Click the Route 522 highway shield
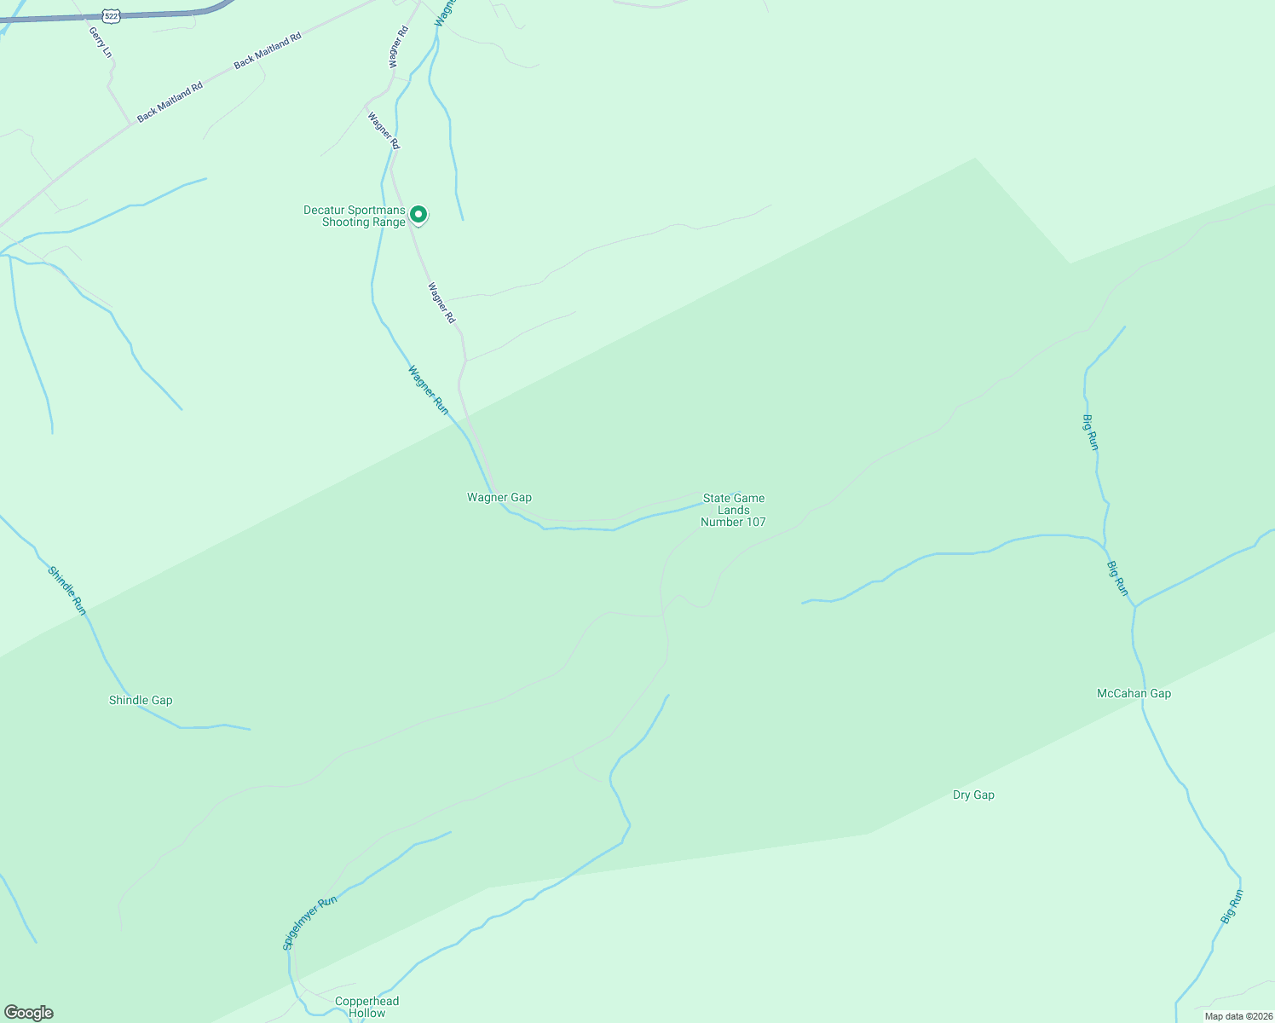click(x=111, y=16)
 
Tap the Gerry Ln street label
click(x=100, y=42)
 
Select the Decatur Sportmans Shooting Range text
click(x=355, y=217)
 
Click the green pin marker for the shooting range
click(x=418, y=214)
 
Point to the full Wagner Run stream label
click(x=428, y=390)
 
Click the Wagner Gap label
click(x=499, y=497)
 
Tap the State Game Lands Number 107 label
click(x=733, y=510)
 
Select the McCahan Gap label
click(x=1134, y=693)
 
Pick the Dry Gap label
click(x=973, y=795)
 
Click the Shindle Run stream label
click(x=67, y=590)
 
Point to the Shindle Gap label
click(x=141, y=700)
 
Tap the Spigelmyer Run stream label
click(x=309, y=922)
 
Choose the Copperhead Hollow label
click(x=366, y=1007)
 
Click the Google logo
click(x=28, y=1013)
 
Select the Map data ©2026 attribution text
click(x=1238, y=1016)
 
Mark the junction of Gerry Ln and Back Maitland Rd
click(x=132, y=124)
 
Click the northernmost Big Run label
click(x=1090, y=432)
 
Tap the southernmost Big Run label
click(x=1232, y=907)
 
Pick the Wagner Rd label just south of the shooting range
click(x=441, y=303)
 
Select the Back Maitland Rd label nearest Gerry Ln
click(x=170, y=101)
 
